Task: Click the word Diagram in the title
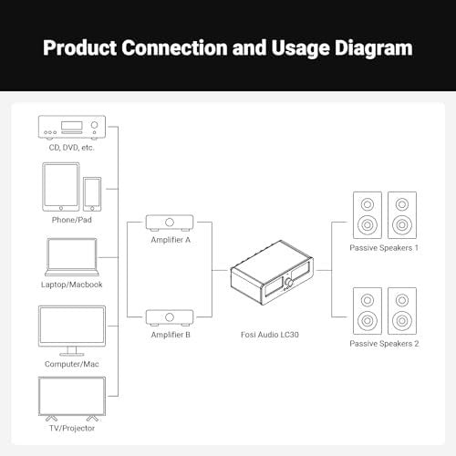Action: (x=374, y=48)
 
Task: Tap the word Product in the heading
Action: (x=79, y=47)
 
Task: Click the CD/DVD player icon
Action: (x=72, y=128)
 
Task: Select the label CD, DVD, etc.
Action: (x=72, y=148)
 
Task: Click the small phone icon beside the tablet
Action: (x=92, y=194)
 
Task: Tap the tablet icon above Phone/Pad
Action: (x=61, y=187)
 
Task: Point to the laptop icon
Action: (x=72, y=257)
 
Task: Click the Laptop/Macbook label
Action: (x=72, y=285)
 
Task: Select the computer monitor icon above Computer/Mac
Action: (x=72, y=331)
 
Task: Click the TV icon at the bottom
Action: (x=72, y=399)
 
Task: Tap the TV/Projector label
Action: (x=72, y=428)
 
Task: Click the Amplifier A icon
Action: (x=170, y=223)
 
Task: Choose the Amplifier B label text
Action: (x=171, y=335)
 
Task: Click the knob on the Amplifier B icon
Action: (x=170, y=317)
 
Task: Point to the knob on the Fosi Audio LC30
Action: (x=288, y=283)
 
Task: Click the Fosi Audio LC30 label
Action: (x=270, y=335)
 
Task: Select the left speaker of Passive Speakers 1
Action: (x=368, y=215)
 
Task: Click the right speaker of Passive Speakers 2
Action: (x=402, y=311)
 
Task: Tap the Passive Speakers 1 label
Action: (x=384, y=248)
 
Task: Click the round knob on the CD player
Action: (x=95, y=125)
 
